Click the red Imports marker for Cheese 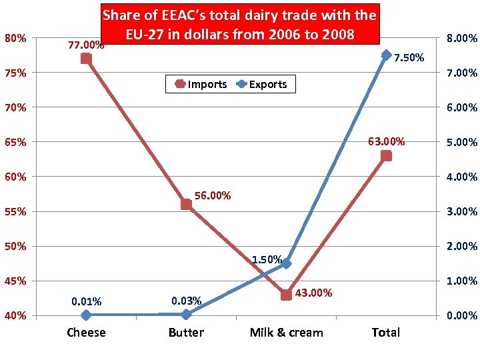[86, 59]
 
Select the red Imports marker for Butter [186, 204]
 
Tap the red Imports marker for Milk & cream [286, 294]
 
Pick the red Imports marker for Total [386, 155]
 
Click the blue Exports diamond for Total [386, 55]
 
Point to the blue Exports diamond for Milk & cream [286, 263]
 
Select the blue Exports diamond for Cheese [86, 315]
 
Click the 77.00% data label [86, 45]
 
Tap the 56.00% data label [213, 195]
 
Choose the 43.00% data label [314, 293]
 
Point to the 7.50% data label [409, 58]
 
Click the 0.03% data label [186, 301]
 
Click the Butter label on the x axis [186, 332]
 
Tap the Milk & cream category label [286, 332]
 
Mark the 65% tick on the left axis [15, 142]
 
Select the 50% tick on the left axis [15, 246]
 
